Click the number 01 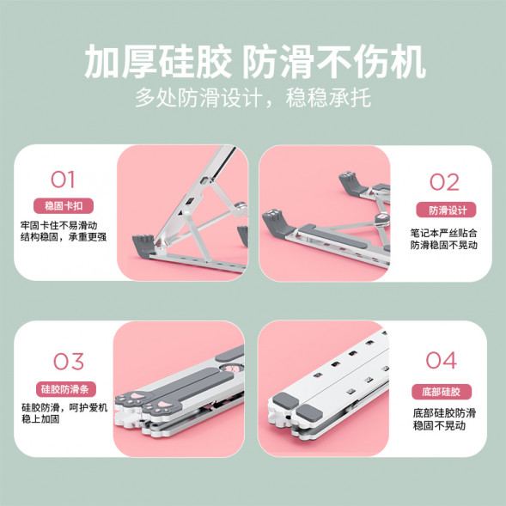(63, 180)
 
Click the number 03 (63, 361)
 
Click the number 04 (441, 361)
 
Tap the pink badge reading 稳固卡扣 (63, 206)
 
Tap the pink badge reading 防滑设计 (442, 210)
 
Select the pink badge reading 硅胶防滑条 (63, 388)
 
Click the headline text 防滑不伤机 (332, 63)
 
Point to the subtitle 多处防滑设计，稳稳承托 (253, 97)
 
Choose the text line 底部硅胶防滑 (444, 412)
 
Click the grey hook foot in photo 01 (145, 243)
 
